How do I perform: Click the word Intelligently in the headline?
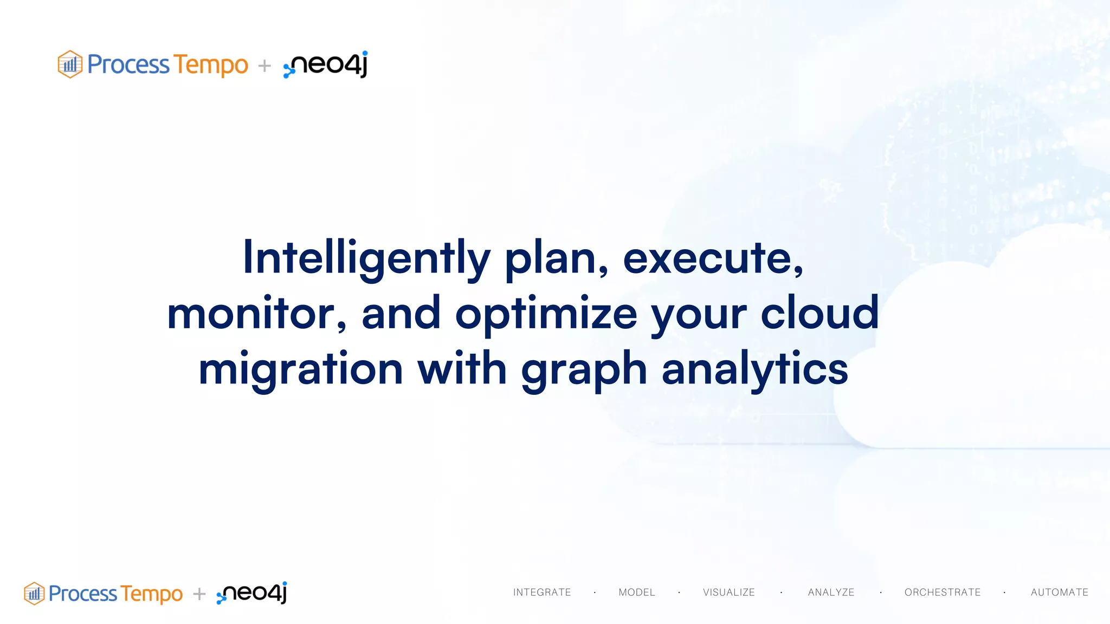[366, 258]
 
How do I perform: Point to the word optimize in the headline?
[546, 314]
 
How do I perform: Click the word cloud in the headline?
[819, 314]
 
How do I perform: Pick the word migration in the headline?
[301, 369]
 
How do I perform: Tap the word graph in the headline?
[584, 369]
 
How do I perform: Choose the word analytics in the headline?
[754, 369]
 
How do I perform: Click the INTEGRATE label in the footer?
[542, 593]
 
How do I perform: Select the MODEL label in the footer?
[637, 593]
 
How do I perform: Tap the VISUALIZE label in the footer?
[729, 593]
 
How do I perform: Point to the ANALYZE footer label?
[831, 593]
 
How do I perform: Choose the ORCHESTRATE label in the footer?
[943, 593]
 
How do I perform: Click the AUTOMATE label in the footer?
[1060, 593]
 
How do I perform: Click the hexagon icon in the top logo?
[70, 64]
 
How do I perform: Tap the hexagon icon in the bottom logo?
[34, 594]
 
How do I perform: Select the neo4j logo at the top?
[326, 64]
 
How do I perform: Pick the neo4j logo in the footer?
[252, 593]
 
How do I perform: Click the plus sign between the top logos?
[264, 66]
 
